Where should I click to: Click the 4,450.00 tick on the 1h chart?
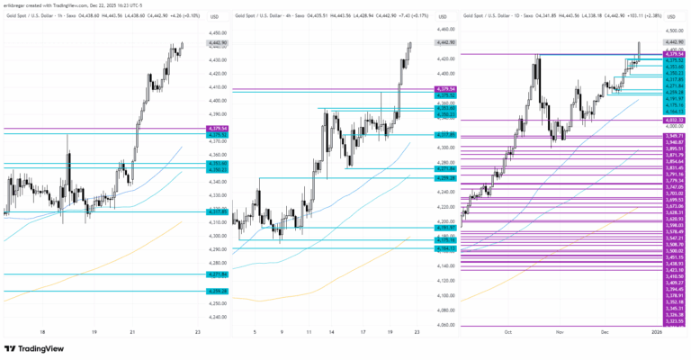(217, 32)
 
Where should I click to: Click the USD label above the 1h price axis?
(214, 16)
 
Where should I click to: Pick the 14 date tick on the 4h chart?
(333, 331)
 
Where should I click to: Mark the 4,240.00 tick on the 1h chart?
(217, 316)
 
